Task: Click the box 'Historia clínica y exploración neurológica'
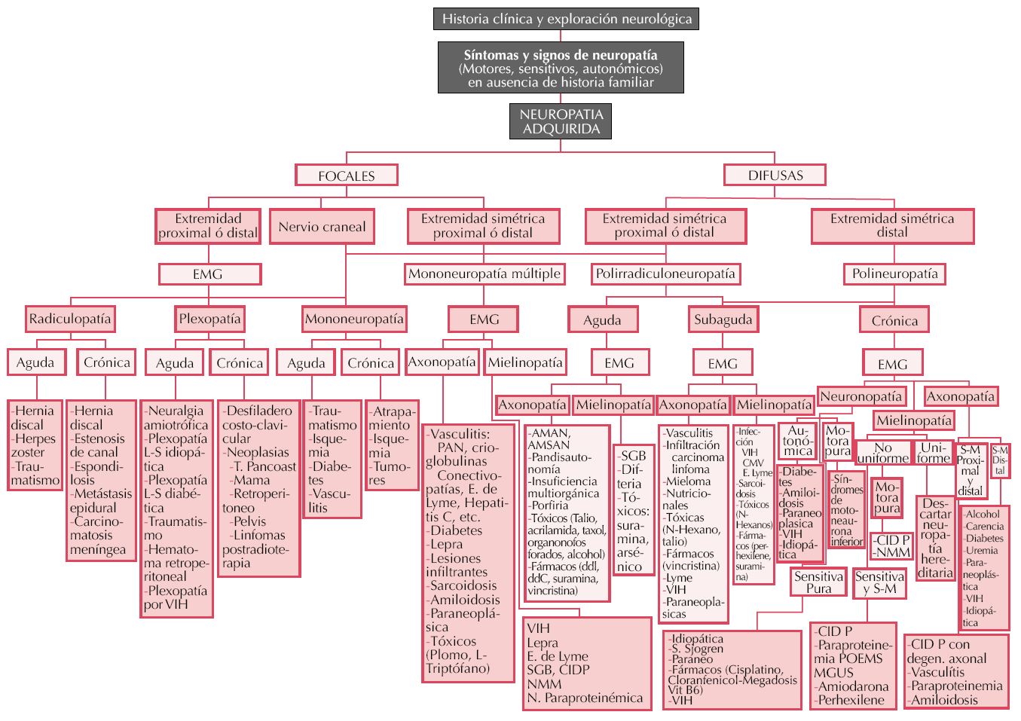tap(566, 19)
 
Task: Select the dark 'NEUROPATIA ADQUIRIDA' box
tap(561, 121)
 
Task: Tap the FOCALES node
tap(346, 176)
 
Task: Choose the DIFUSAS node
tap(775, 176)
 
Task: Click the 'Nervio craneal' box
tap(322, 227)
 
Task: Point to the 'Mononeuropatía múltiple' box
tap(484, 273)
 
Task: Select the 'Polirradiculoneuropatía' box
tap(665, 273)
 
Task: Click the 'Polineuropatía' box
tap(894, 273)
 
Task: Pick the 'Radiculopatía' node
tap(70, 319)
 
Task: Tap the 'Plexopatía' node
tap(209, 319)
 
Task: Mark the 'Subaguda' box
tap(723, 319)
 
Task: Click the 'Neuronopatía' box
tap(861, 396)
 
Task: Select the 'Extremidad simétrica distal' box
tap(892, 226)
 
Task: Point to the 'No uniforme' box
tap(882, 453)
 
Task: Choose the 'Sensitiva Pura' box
tap(818, 582)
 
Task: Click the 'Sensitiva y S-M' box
tap(879, 582)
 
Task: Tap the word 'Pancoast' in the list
tap(271, 466)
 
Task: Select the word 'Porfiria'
tap(549, 506)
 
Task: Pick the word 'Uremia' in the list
tap(982, 551)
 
